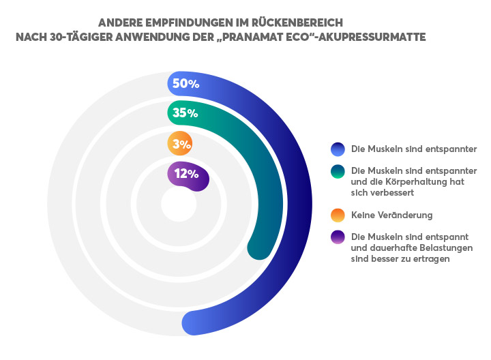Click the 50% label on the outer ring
pyautogui.click(x=185, y=84)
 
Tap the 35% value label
pyautogui.click(x=185, y=113)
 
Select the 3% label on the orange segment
pyautogui.click(x=181, y=144)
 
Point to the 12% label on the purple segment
pyautogui.click(x=185, y=174)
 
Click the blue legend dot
pyautogui.click(x=337, y=149)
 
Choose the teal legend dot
pyautogui.click(x=337, y=171)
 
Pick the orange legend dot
pyautogui.click(x=337, y=215)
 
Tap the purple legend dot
pyautogui.click(x=337, y=237)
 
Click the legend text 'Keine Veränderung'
pyautogui.click(x=391, y=215)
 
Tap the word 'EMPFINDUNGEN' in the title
pyautogui.click(x=179, y=22)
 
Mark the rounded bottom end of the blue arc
pyautogui.click(x=195, y=322)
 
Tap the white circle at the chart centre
pyautogui.click(x=179, y=204)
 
